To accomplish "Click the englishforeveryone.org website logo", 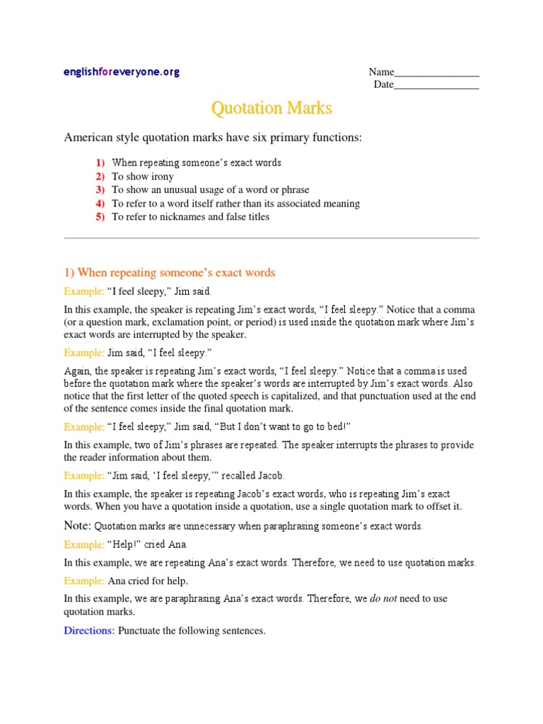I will coord(122,72).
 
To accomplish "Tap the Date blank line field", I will coord(436,86).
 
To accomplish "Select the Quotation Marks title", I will coord(271,109).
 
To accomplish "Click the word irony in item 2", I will coord(162,177).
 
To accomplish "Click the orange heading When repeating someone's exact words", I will coord(170,273).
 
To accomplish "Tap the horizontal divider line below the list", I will coord(271,238).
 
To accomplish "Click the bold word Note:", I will coord(78,526).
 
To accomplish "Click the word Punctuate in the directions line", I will coord(139,631).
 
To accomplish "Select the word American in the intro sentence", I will coord(88,137).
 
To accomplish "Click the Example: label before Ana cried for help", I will coord(84,581).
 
